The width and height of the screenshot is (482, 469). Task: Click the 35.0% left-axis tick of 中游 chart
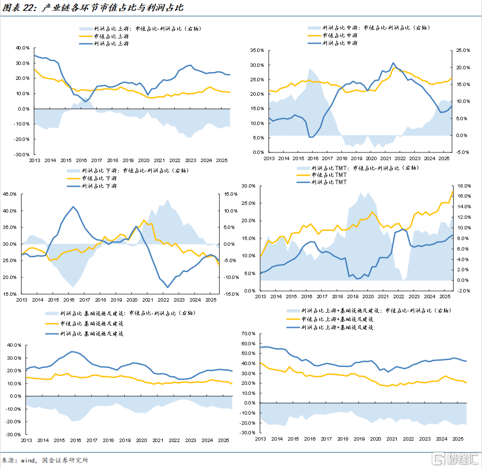pyautogui.click(x=256, y=50)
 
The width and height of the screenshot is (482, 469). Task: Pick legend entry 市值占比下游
pyautogui.click(x=99, y=178)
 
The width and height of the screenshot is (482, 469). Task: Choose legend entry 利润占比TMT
pyautogui.click(x=329, y=182)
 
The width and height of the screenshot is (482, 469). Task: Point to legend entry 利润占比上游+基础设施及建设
pyautogui.click(x=337, y=327)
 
